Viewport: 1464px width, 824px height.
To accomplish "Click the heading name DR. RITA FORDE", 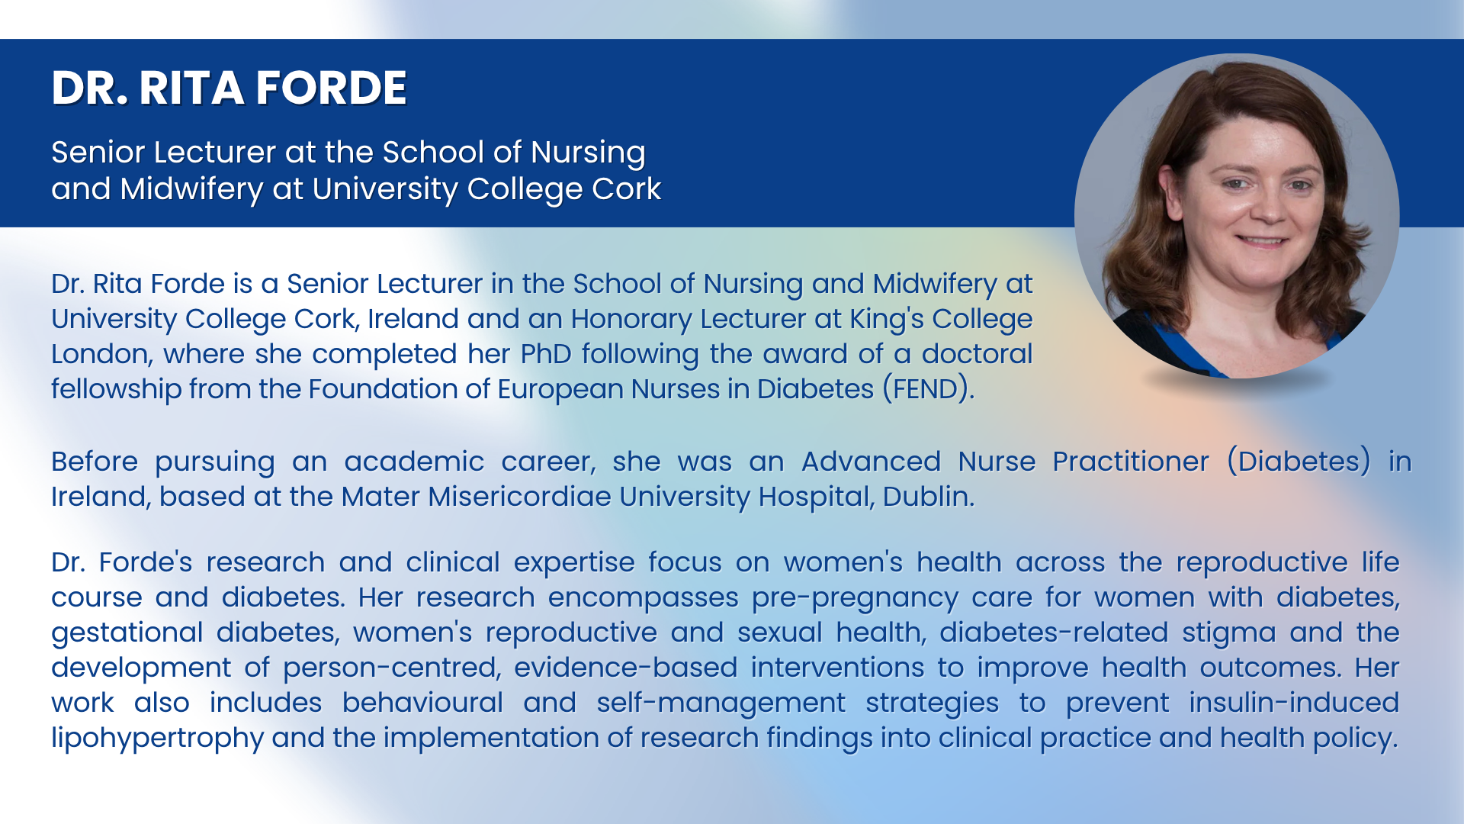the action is point(229,88).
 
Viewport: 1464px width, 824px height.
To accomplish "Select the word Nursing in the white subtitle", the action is point(588,153).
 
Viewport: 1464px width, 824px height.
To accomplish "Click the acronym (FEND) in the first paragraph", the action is point(928,389).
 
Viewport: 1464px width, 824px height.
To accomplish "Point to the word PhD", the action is point(546,354).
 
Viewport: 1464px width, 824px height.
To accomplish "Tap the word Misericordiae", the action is point(518,497).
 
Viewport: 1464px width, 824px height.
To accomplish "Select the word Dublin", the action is point(928,497).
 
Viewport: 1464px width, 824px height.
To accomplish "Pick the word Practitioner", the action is point(1131,462).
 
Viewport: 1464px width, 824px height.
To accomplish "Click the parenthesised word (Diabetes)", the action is point(1299,462).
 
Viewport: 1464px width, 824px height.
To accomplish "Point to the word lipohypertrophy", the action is point(157,739).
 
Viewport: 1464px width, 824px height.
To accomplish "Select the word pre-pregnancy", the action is point(855,598).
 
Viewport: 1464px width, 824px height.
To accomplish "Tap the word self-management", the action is point(721,703).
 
